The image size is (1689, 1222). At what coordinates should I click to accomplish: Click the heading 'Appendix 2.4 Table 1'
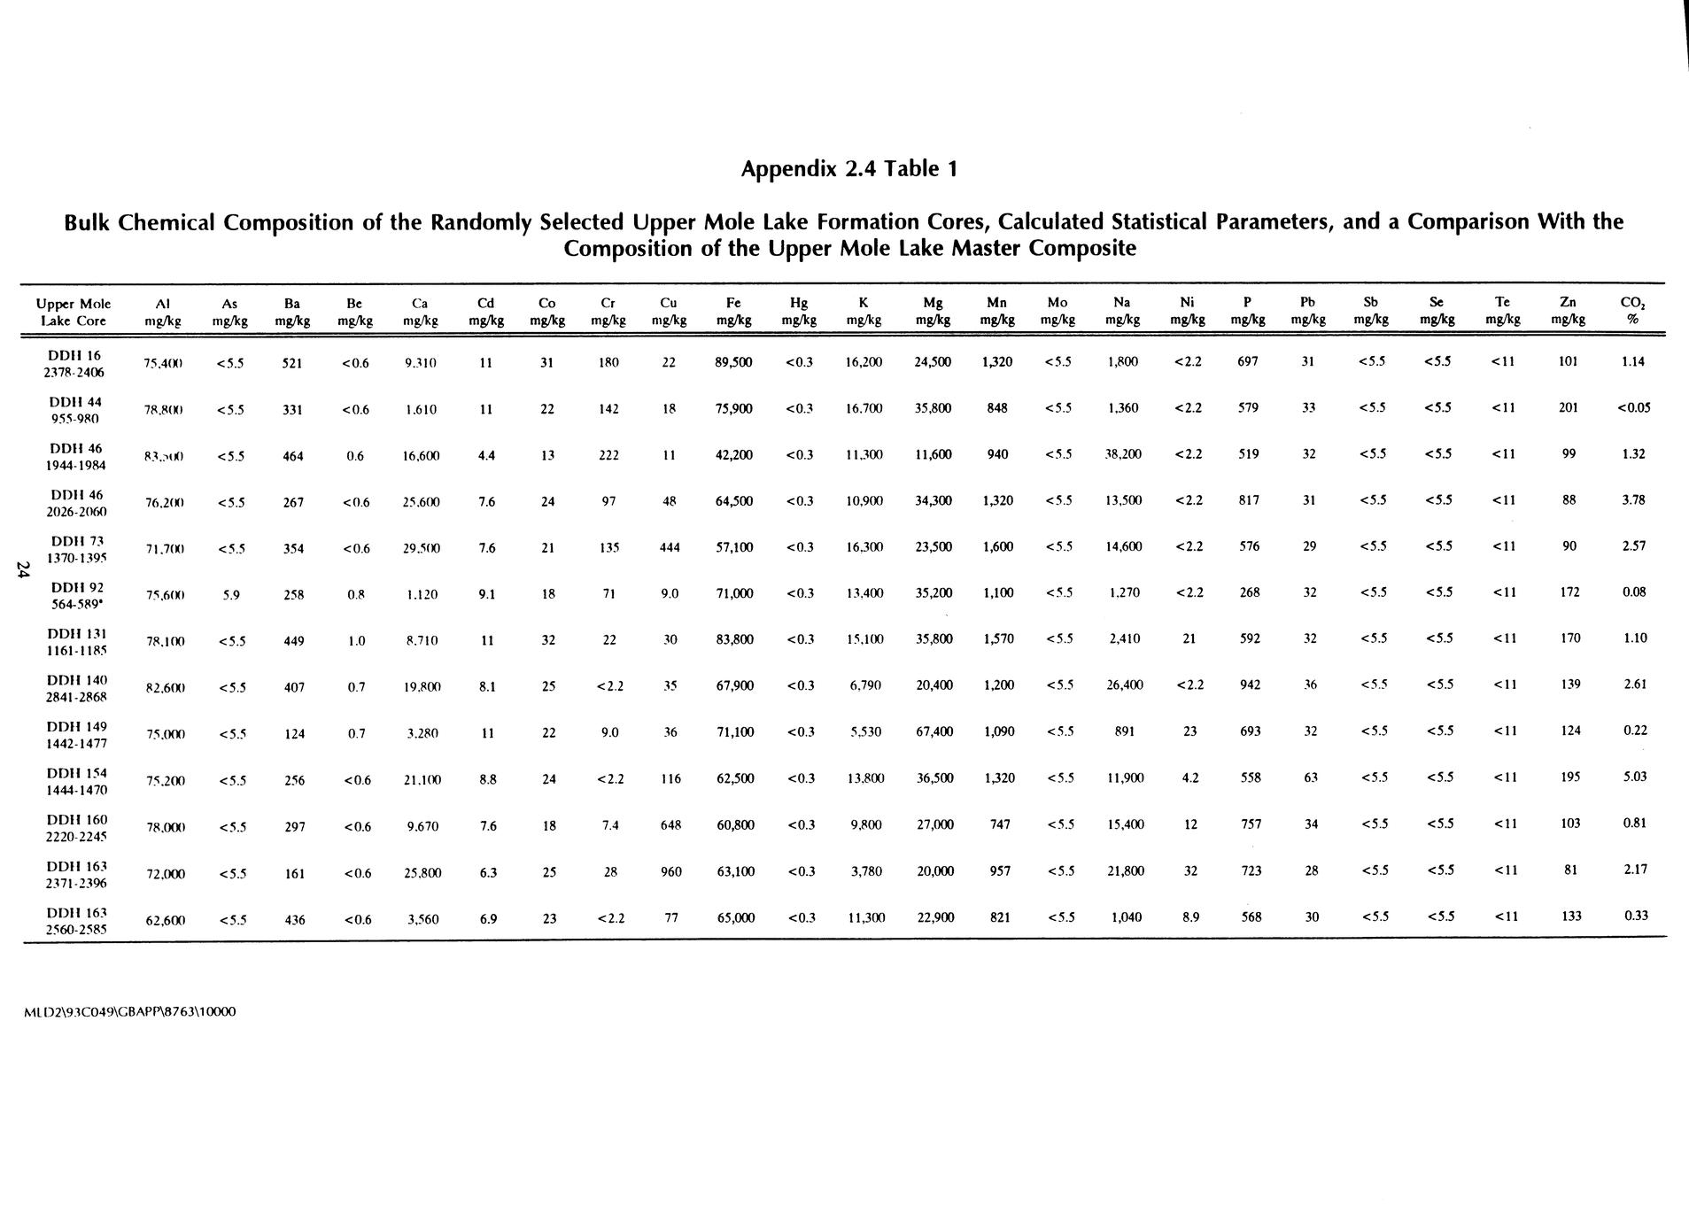tap(849, 168)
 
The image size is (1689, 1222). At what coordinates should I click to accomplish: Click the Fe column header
tap(733, 311)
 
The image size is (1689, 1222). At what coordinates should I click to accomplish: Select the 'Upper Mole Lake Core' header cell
tap(74, 312)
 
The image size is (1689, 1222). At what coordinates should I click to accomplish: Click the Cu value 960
tap(671, 872)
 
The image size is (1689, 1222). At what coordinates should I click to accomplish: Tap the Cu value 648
tap(670, 825)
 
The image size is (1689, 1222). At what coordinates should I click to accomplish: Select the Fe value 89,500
tap(734, 362)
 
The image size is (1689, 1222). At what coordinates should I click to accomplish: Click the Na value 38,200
tap(1123, 454)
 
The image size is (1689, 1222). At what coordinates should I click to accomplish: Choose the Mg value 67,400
tap(934, 731)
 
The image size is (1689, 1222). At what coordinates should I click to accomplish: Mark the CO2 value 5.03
tap(1633, 777)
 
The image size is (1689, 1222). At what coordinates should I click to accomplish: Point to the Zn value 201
tap(1569, 408)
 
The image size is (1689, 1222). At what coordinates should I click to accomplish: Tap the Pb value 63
tap(1311, 778)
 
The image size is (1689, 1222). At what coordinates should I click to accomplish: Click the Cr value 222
tap(608, 455)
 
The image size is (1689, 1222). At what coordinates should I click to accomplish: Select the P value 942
tap(1249, 685)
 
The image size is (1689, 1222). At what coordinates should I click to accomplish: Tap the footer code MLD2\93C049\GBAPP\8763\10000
tap(129, 1011)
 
